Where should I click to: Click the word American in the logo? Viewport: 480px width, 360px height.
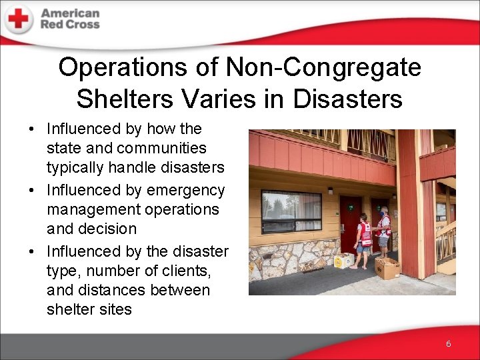pyautogui.click(x=70, y=13)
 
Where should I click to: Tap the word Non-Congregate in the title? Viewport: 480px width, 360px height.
pyautogui.click(x=323, y=67)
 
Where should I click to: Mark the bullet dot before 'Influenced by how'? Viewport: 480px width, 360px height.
pyautogui.click(x=33, y=129)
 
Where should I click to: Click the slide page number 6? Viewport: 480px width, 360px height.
pyautogui.click(x=449, y=343)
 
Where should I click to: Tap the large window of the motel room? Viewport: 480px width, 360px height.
pyautogui.click(x=291, y=211)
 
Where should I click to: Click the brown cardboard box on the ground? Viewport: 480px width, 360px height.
pyautogui.click(x=387, y=268)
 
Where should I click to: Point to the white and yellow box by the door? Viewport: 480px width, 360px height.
pyautogui.click(x=343, y=259)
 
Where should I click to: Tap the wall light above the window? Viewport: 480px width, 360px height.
pyautogui.click(x=330, y=191)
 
